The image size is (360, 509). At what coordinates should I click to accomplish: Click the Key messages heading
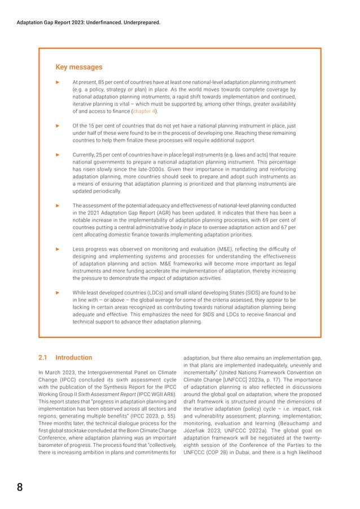point(78,67)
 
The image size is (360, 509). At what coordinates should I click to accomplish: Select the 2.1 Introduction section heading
point(64,358)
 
